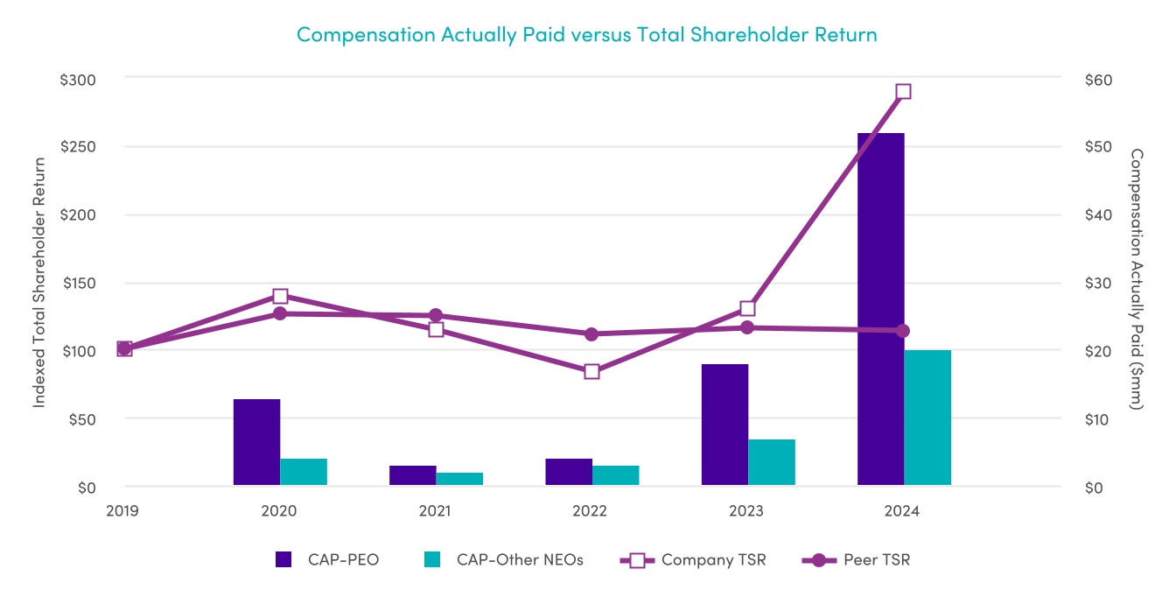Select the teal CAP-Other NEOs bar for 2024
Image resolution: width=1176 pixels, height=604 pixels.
927,418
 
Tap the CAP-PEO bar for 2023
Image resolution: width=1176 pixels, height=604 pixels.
724,425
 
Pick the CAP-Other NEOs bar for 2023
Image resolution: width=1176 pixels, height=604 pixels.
772,462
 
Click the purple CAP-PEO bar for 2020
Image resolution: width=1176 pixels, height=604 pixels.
256,442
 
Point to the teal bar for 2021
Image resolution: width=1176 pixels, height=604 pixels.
459,479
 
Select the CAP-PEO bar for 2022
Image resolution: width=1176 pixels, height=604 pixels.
569,472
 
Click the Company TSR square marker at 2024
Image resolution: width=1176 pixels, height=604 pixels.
904,92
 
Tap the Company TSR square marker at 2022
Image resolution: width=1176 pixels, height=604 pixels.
591,371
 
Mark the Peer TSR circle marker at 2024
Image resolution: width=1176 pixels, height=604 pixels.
904,331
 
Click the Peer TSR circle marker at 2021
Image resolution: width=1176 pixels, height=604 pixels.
436,315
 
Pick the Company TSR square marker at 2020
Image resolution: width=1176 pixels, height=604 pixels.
280,296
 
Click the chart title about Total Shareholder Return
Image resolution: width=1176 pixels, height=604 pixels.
586,35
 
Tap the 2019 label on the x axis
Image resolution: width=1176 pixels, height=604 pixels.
123,511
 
